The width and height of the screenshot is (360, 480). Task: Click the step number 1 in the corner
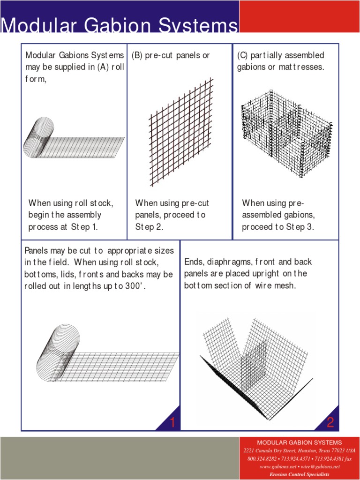(172, 423)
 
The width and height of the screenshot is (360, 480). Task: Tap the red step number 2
(330, 423)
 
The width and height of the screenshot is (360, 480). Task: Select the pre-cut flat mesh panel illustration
(181, 132)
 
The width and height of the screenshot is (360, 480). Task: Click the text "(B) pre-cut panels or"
(171, 55)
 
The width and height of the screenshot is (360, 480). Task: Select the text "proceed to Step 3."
(277, 227)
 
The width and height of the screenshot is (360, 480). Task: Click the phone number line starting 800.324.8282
(300, 459)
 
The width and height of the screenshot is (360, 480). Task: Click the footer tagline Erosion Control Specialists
(300, 474)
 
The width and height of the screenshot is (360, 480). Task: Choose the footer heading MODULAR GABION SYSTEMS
(300, 442)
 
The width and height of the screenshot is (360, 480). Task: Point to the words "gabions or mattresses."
(280, 67)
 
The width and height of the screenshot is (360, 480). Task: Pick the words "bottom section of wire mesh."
(240, 285)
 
